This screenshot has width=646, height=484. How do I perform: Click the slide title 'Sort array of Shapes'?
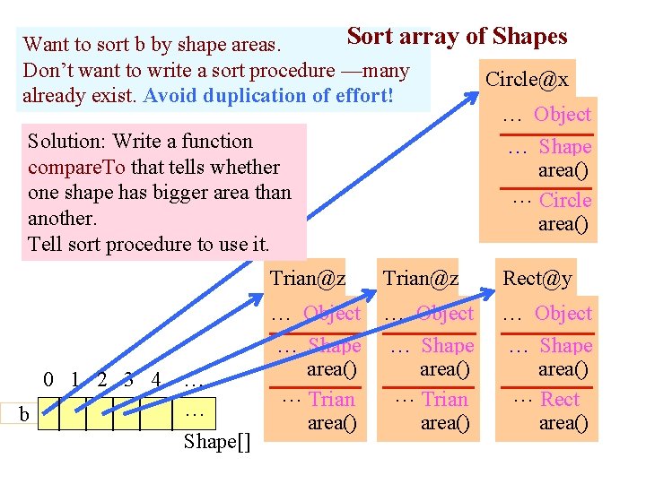(457, 37)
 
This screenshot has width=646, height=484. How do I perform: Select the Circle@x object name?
(527, 79)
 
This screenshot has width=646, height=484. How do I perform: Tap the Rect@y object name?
(537, 279)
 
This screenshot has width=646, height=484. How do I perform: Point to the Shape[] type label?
(217, 441)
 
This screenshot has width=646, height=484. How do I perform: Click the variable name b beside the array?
(24, 414)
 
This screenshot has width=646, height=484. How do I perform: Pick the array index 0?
(48, 380)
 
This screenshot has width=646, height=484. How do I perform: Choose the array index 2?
(103, 380)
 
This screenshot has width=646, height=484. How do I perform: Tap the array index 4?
(156, 380)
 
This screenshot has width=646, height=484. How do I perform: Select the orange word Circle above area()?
(565, 201)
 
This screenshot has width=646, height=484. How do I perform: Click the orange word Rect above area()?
(560, 400)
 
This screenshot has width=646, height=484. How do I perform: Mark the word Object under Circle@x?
(563, 115)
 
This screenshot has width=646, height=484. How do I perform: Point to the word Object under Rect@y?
(563, 314)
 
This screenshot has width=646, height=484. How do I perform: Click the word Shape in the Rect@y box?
(566, 346)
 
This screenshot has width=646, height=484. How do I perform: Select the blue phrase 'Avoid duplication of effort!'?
(268, 96)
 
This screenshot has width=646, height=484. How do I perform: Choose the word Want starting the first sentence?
(45, 45)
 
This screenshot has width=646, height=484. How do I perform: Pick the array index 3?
(129, 380)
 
